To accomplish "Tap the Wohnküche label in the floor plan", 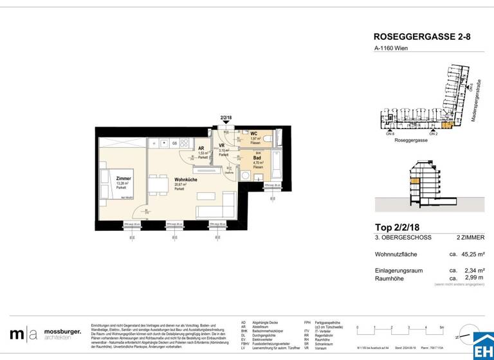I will [185, 180].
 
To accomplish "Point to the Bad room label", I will [257, 158].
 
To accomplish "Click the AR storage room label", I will [201, 148].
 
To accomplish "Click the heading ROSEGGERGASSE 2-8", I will [422, 37].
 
